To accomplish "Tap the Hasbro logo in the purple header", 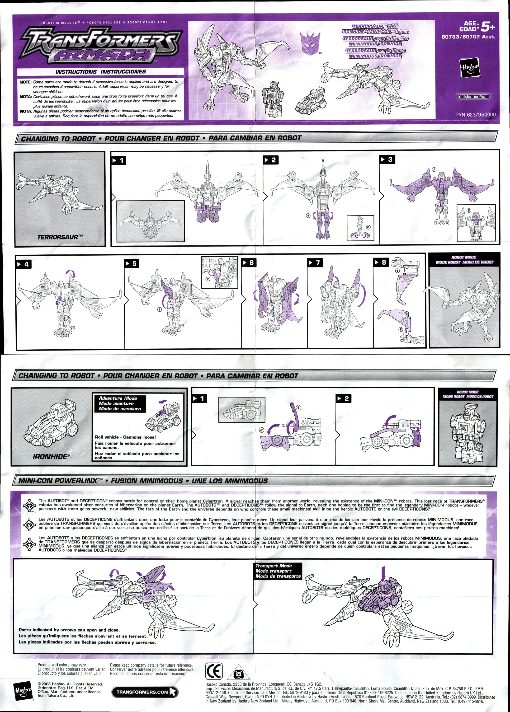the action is click(470, 68).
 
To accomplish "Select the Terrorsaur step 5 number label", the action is click(132, 263).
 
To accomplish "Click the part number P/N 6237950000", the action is click(476, 115).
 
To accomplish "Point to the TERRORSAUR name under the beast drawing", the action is click(58, 237).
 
